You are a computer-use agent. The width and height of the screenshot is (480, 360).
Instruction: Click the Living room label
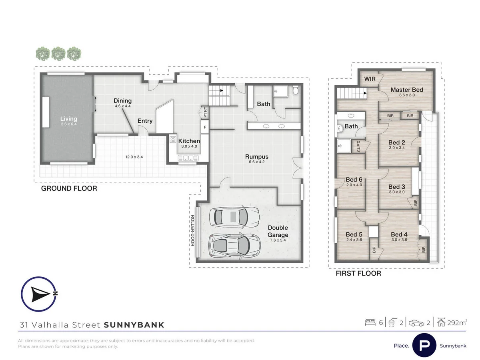coord(69,119)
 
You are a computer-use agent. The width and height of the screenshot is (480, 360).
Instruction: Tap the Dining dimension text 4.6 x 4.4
coord(123,106)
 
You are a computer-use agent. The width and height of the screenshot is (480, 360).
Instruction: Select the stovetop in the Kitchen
coord(173,140)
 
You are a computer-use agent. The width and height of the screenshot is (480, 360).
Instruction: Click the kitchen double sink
coord(188,158)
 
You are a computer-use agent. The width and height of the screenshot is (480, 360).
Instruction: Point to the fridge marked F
coord(205,127)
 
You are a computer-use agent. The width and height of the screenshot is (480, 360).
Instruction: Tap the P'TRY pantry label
coord(205,112)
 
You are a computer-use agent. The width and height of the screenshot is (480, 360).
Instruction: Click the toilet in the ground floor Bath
coord(296,90)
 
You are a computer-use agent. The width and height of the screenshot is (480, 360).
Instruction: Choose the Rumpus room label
coord(257,157)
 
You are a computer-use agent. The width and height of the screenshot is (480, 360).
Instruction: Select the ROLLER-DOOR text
coord(192,231)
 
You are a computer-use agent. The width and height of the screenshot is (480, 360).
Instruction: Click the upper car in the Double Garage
coord(234,217)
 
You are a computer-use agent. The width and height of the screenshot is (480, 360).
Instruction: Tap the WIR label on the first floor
coord(370,79)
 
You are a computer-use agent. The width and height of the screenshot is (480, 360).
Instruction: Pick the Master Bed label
coord(407,90)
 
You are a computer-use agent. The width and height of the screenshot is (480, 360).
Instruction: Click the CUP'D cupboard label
coord(358,146)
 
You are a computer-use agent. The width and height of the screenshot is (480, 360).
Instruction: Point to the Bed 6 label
coord(354,180)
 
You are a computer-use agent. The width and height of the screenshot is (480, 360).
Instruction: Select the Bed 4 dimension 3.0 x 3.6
coord(399,240)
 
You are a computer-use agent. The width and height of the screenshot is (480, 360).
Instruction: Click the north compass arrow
coord(40,294)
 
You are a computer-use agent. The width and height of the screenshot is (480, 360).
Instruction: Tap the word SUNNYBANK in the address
coord(134,325)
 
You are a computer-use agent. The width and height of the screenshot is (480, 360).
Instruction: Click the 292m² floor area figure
coord(457,323)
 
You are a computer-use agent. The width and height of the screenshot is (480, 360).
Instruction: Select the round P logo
coord(424,345)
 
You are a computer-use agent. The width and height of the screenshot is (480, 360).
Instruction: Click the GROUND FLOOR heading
coord(69,188)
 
